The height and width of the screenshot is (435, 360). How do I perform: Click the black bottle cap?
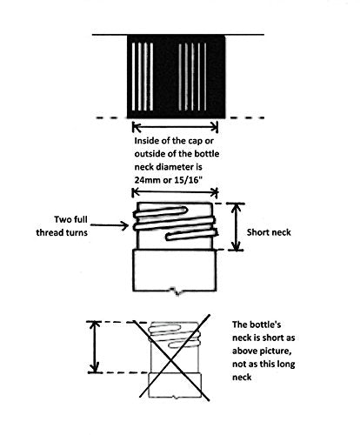(x=177, y=77)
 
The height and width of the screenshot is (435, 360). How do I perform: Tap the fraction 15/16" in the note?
(x=189, y=180)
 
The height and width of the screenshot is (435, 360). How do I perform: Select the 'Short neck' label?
(x=269, y=232)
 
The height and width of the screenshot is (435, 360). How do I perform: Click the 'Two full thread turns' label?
(x=62, y=226)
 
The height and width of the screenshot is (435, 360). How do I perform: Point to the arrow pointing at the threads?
(x=110, y=225)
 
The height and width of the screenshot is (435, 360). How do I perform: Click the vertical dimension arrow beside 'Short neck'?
(x=237, y=227)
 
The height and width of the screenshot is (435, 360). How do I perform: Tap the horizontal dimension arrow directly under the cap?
(x=175, y=127)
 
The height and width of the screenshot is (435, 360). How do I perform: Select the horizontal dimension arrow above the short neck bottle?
(x=175, y=192)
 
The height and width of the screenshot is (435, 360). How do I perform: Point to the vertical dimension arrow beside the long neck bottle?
(x=94, y=347)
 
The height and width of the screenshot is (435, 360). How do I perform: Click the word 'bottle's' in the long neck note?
(x=266, y=325)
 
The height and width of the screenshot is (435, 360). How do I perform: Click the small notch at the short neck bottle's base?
(x=176, y=291)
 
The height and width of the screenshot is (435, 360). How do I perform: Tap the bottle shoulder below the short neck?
(x=175, y=271)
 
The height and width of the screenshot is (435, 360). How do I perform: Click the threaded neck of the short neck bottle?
(x=175, y=226)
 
